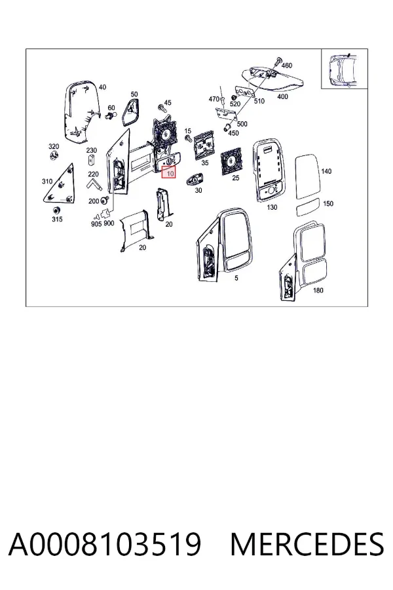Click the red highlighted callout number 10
coord(169,172)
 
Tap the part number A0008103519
coord(105,545)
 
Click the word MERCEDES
coord(307,545)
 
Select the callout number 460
coord(287,66)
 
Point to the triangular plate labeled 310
coord(60,184)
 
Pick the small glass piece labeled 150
coord(307,208)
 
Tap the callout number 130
coord(272,207)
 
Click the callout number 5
coord(236,278)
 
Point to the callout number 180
coord(318,290)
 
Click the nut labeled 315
coord(56,210)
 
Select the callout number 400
coord(282,97)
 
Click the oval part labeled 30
coord(195,180)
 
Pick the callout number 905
coord(96,224)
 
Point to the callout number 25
coord(235,178)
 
